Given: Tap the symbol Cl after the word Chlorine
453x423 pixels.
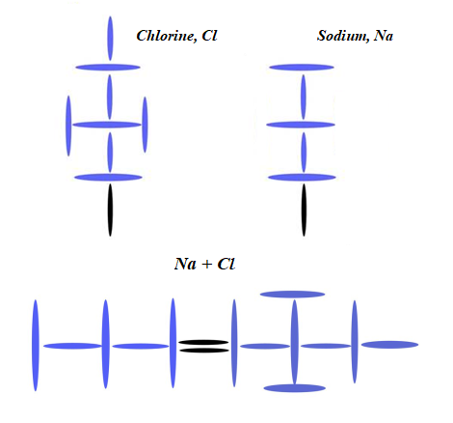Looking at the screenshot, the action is (209, 36).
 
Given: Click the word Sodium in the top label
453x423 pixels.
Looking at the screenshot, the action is (343, 36).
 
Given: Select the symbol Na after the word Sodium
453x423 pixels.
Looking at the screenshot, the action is (384, 36).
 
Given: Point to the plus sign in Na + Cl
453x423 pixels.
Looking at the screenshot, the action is (207, 265).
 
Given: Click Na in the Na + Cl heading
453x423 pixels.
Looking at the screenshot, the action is (185, 264).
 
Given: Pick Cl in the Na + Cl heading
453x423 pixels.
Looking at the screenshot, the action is (226, 264).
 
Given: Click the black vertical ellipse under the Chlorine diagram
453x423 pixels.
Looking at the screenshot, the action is (110, 210).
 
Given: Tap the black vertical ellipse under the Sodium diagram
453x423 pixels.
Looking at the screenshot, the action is (304, 210).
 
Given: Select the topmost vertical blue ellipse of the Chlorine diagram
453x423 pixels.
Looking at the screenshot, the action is (110, 39).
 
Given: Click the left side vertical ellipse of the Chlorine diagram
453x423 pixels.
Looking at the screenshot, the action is (68, 126).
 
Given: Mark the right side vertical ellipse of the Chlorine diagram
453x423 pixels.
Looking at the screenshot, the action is (145, 125).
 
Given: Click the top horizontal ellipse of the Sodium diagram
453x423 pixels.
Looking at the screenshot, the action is (302, 68).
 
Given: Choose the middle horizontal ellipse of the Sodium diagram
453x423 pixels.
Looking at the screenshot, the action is (301, 125).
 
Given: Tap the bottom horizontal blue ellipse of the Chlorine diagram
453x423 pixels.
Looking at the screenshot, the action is (108, 178).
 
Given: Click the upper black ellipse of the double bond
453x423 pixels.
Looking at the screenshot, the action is (203, 343).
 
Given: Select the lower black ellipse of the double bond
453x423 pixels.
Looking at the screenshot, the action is (204, 351).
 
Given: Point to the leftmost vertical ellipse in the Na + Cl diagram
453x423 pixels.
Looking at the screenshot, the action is (36, 346).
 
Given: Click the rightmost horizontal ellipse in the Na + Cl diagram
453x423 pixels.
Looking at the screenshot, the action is (389, 345).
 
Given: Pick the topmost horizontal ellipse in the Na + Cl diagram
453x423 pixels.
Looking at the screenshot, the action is (292, 295).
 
